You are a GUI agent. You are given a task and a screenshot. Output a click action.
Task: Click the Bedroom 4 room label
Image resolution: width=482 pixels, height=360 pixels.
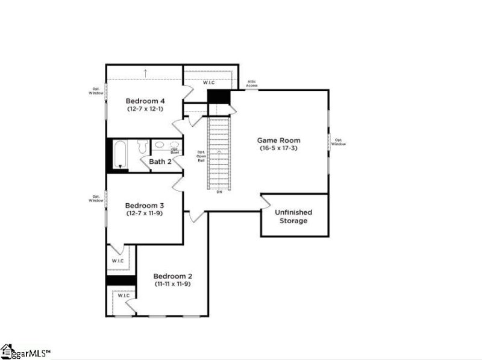tap(145, 101)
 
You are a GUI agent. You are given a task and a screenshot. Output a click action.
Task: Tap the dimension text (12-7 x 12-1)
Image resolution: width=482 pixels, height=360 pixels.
tap(145, 109)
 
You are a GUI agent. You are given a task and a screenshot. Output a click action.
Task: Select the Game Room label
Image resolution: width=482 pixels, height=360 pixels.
tap(280, 140)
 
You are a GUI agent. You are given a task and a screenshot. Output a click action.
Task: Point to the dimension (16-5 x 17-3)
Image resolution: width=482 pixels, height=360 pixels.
tap(280, 148)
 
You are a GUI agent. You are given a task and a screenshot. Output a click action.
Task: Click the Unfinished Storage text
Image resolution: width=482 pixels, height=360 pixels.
tap(293, 216)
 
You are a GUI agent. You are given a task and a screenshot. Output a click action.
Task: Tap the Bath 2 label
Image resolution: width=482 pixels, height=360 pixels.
tap(161, 162)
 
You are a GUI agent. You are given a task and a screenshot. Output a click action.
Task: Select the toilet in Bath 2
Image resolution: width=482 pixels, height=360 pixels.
tap(142, 147)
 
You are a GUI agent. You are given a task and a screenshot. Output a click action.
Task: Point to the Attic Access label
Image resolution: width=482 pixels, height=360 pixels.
tap(252, 84)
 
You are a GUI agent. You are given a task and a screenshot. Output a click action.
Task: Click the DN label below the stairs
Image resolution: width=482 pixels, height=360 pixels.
tap(219, 192)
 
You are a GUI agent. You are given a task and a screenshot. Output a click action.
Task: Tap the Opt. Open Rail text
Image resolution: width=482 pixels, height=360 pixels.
tap(202, 157)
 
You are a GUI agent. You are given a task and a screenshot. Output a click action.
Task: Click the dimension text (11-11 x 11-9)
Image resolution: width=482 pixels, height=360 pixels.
tap(172, 283)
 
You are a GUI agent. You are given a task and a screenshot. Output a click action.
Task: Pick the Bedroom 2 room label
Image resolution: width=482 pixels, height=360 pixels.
tap(172, 275)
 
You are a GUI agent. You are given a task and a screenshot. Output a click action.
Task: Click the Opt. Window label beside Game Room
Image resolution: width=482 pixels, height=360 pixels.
tap(339, 142)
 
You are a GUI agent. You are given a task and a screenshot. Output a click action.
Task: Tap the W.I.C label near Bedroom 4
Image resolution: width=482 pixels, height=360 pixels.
tap(208, 83)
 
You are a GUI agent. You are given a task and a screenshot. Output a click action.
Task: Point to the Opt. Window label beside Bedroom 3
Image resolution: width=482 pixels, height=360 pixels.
tap(96, 198)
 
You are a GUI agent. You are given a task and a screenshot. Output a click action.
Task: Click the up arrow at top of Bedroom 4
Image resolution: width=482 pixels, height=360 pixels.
tap(145, 73)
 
